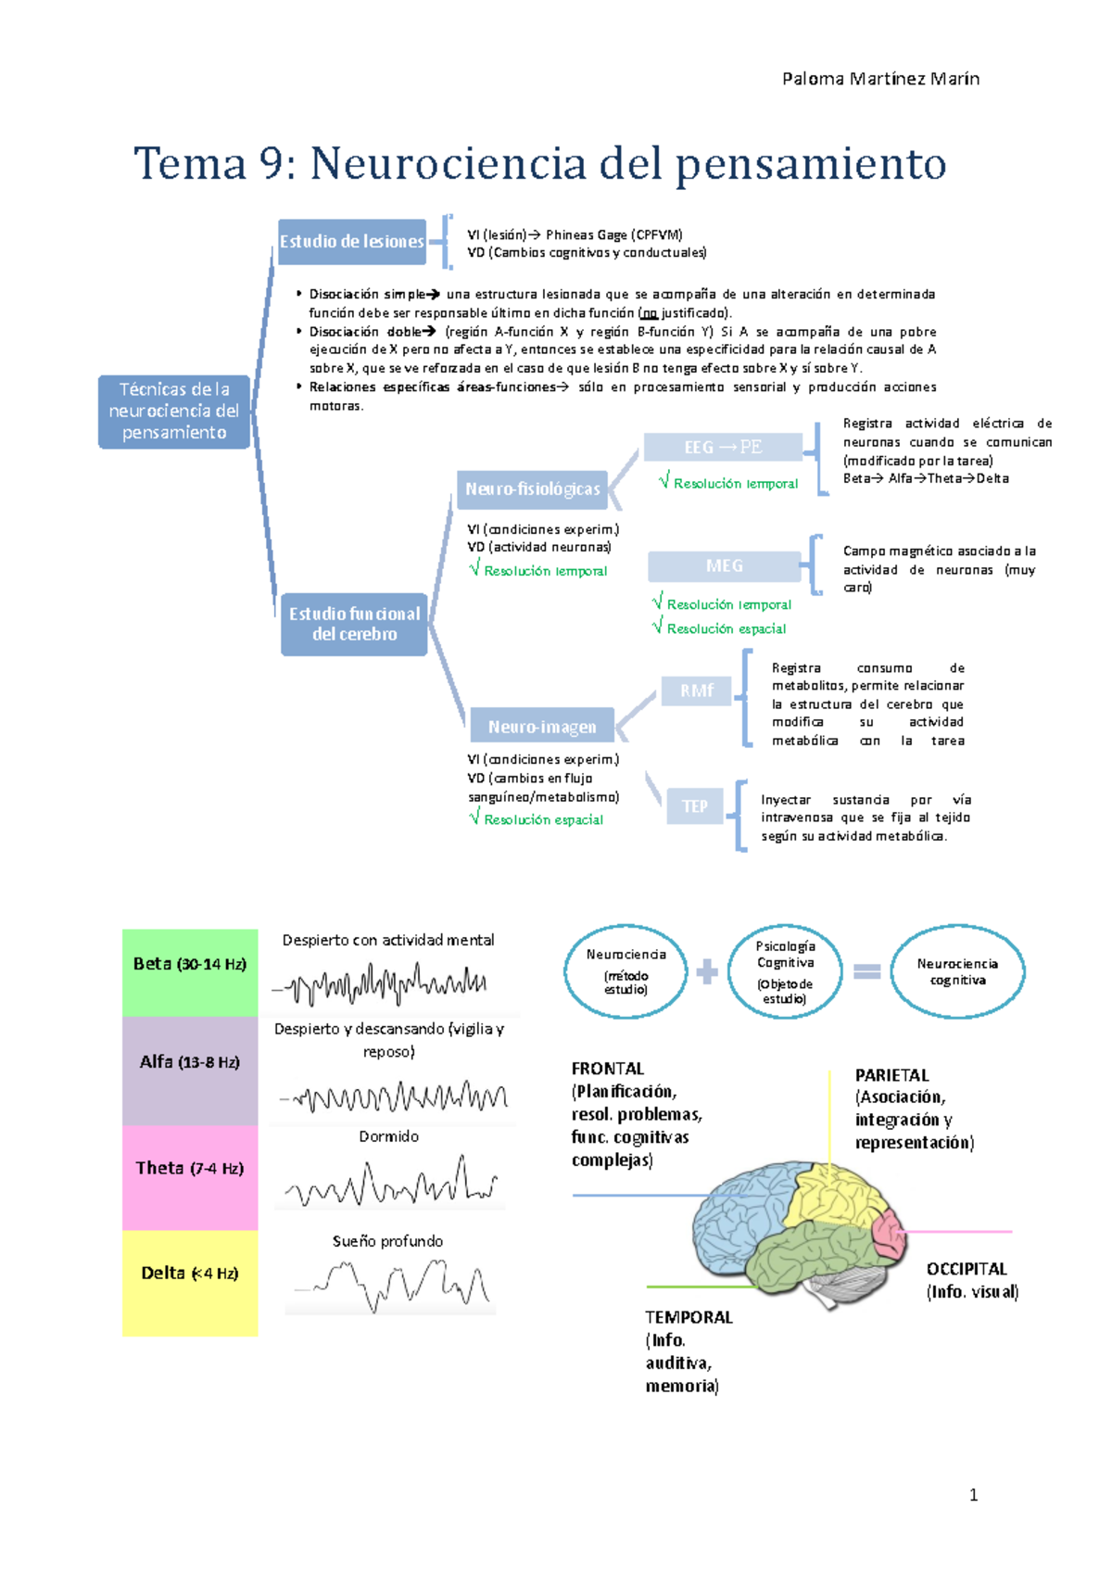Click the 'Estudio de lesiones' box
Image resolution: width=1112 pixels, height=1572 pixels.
click(352, 242)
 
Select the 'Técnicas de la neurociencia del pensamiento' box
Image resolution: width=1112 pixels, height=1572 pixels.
click(174, 412)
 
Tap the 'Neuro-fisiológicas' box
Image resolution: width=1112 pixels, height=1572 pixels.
click(532, 489)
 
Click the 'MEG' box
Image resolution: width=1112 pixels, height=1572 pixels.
click(724, 565)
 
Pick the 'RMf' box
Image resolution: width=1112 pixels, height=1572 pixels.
click(696, 691)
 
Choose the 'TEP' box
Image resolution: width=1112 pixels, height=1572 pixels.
click(695, 806)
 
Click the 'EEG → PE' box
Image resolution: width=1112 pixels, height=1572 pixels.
click(723, 448)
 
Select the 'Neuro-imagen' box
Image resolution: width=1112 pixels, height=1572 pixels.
click(542, 727)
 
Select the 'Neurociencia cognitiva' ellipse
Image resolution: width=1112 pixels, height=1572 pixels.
click(957, 971)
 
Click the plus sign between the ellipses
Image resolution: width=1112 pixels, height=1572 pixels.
click(707, 971)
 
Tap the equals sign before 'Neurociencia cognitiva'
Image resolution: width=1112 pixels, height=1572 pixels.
click(866, 971)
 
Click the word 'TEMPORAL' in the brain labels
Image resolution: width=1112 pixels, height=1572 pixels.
click(689, 1317)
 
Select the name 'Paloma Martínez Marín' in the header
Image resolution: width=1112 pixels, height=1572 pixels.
click(880, 79)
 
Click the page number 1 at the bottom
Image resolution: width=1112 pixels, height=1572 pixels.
click(973, 1494)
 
